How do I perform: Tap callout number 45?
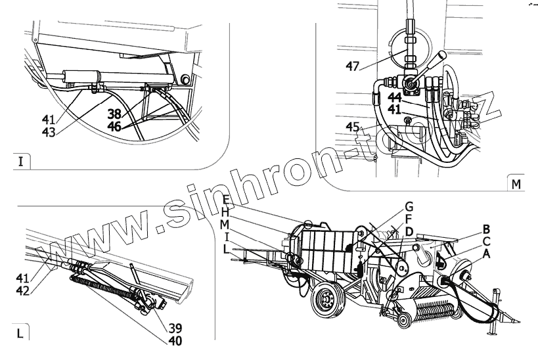353,127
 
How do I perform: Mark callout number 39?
175,328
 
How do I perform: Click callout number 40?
175,340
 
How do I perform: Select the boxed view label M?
516,183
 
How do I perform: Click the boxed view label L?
20,333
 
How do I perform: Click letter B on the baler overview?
485,229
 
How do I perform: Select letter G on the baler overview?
409,206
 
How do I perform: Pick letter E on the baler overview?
225,200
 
